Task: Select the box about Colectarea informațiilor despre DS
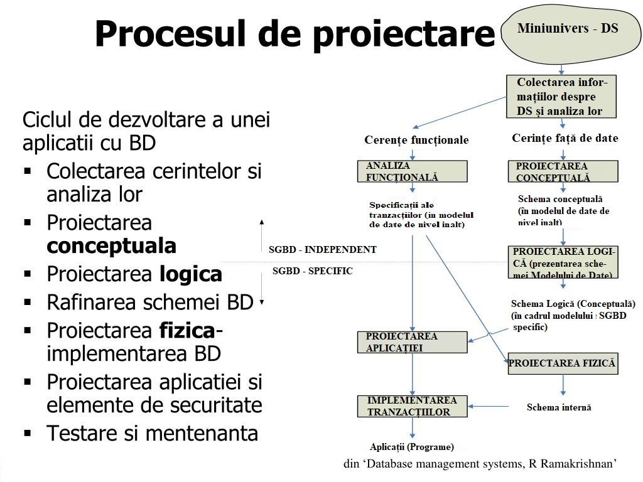coord(561,97)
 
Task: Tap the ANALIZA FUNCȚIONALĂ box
coord(413,171)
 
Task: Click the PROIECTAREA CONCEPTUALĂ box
coord(562,171)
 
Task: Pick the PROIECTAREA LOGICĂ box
coord(562,262)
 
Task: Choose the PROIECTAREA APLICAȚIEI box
coord(413,342)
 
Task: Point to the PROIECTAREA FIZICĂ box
coord(562,363)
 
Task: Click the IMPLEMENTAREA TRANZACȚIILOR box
coord(413,406)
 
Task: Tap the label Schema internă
coord(559,407)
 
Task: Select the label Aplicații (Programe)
coord(412,447)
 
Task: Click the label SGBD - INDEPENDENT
coord(323,249)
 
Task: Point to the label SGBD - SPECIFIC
coord(313,271)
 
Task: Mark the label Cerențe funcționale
coord(416,140)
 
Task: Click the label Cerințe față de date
coord(565,138)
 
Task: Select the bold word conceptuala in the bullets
coord(111,246)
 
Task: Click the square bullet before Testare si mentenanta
coord(28,433)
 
